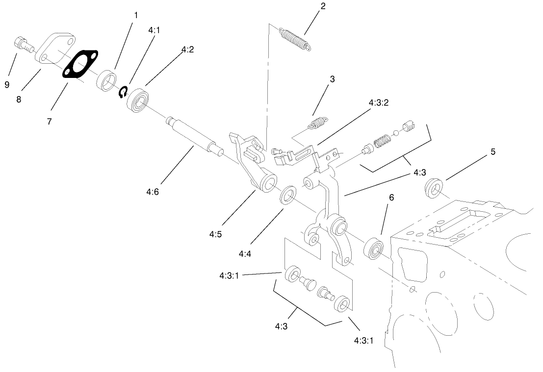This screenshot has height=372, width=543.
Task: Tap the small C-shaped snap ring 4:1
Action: [x=124, y=92]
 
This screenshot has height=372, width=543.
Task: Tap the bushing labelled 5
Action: [x=433, y=187]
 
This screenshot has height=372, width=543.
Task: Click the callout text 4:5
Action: [x=215, y=234]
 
